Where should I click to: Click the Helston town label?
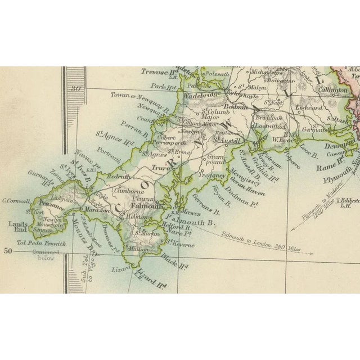click(137, 216)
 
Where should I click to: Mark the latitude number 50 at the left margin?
click(8, 251)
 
